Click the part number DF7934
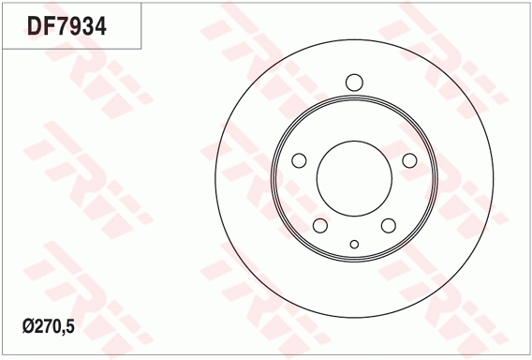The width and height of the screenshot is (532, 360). pos(66,26)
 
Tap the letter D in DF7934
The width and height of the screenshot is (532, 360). pos(35,26)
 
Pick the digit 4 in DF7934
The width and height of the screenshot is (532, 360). pos(100,26)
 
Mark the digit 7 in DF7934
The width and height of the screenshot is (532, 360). pos(62,26)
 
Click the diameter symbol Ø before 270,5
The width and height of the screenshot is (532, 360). pos(28,326)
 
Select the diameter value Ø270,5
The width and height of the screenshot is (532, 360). pos(48,326)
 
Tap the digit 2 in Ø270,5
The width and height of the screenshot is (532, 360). pos(39,326)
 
